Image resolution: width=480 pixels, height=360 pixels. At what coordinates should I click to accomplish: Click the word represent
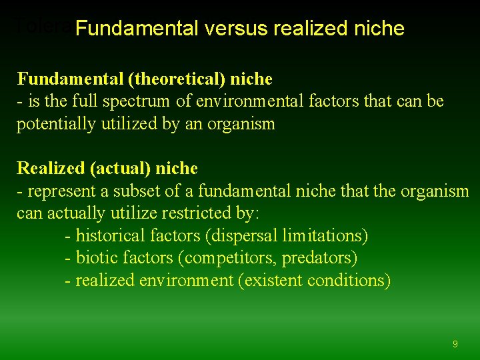57,191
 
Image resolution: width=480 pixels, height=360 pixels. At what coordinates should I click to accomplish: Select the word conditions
349,280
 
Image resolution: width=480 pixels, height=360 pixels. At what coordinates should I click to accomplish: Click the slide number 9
455,344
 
